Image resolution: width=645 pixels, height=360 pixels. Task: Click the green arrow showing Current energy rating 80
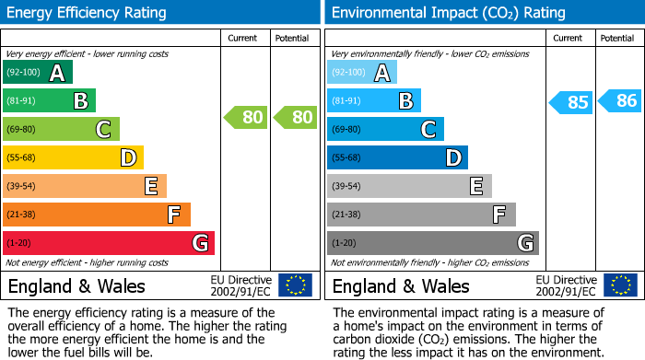coord(245,117)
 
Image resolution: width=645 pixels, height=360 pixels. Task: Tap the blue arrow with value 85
coord(570,101)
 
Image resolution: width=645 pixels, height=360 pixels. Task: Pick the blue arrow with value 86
coord(619,101)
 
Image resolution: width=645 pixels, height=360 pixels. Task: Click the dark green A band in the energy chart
coord(38,73)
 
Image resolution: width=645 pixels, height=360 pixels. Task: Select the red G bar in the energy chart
coord(109,243)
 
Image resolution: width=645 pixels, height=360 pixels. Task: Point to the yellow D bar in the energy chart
coord(74,158)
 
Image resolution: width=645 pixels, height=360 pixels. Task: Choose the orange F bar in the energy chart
coord(97,215)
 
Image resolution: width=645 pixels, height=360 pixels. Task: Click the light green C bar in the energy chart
coord(62,130)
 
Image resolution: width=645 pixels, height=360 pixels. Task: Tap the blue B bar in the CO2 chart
coord(374,101)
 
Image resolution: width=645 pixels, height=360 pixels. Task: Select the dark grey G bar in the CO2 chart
coord(432,243)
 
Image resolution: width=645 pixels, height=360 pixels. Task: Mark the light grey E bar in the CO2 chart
coord(409,186)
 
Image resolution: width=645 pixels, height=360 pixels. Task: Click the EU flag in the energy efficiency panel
coord(295,285)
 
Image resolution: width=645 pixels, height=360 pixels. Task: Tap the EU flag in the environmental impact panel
coord(619,285)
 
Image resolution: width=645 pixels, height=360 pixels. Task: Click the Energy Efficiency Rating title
coord(88,13)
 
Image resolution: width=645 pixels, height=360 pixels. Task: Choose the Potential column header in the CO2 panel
coord(617,38)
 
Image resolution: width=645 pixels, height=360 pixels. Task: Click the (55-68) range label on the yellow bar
coord(22,158)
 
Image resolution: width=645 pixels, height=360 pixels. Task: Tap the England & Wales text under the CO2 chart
coord(401,286)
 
